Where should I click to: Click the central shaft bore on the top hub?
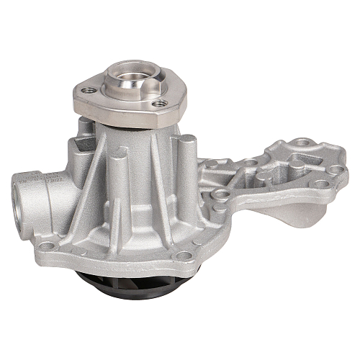[x=130, y=73]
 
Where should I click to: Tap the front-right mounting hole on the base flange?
[x=184, y=255]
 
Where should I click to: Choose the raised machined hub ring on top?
[x=130, y=84]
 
